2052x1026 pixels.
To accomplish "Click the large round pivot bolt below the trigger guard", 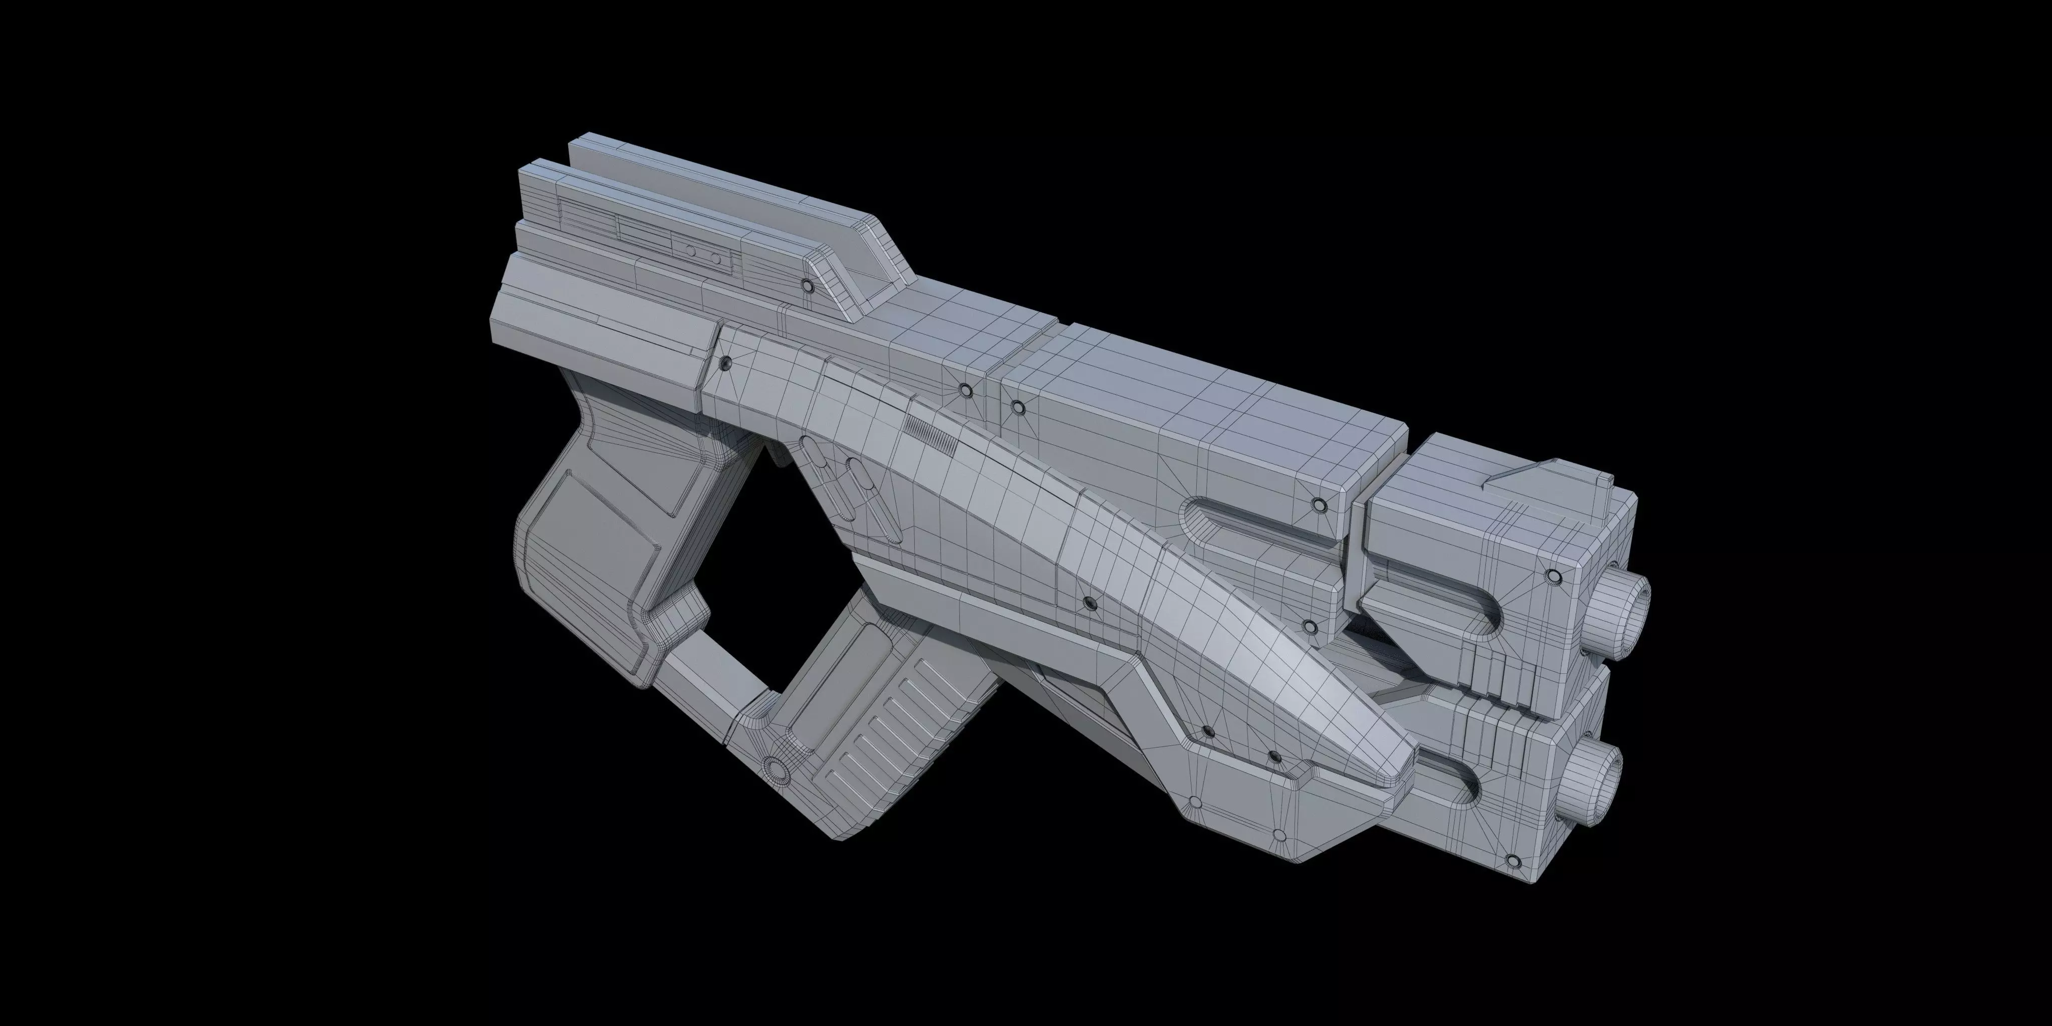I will (x=773, y=768).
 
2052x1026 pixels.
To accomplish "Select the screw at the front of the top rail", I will (x=807, y=285).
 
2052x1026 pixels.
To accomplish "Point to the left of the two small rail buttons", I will (x=691, y=251).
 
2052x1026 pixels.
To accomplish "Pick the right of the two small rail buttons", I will (x=715, y=258).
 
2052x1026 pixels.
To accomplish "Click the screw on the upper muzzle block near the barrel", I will (x=1552, y=575).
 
